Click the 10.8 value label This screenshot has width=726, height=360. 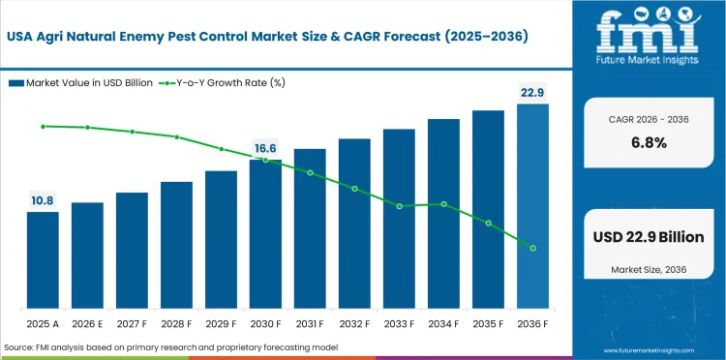43,200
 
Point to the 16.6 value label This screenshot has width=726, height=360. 265,148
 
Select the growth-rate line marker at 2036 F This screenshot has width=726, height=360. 532,248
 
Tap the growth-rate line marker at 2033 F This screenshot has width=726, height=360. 399,206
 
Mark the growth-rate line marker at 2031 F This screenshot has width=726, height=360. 310,172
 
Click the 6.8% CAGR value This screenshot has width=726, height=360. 649,142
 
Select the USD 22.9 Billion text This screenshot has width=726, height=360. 649,237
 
